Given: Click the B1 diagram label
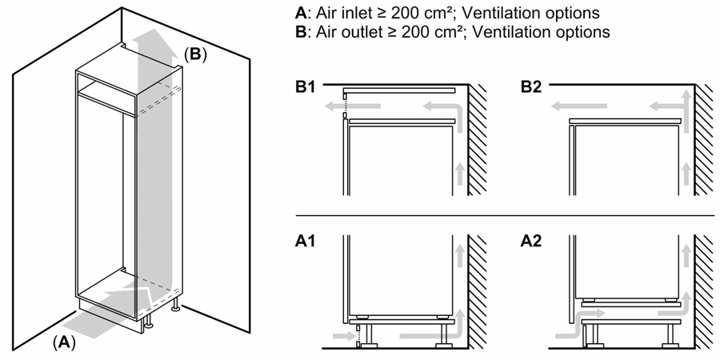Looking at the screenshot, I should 306,86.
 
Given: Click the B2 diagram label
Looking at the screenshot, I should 532,86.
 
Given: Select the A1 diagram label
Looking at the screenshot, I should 306,242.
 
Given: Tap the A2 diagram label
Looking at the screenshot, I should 532,242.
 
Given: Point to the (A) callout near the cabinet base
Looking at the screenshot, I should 64,341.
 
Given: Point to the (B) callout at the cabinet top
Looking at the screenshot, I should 196,54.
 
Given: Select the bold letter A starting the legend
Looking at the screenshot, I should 301,14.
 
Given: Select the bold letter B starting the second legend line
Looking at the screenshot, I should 301,32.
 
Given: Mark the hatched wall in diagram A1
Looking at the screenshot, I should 477,296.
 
